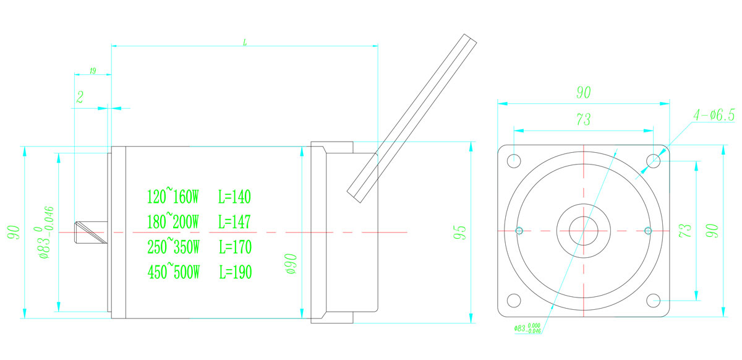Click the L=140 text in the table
click(x=235, y=197)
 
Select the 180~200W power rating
click(x=173, y=221)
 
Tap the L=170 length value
click(x=235, y=247)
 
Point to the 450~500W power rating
click(x=173, y=272)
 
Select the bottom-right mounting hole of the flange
click(x=654, y=301)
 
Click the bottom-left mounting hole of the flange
click(x=514, y=301)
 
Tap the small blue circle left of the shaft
click(x=519, y=231)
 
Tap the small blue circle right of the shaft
click(x=647, y=231)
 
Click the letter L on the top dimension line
click(x=245, y=42)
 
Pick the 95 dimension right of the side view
click(x=459, y=232)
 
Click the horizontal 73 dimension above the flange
click(x=582, y=120)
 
